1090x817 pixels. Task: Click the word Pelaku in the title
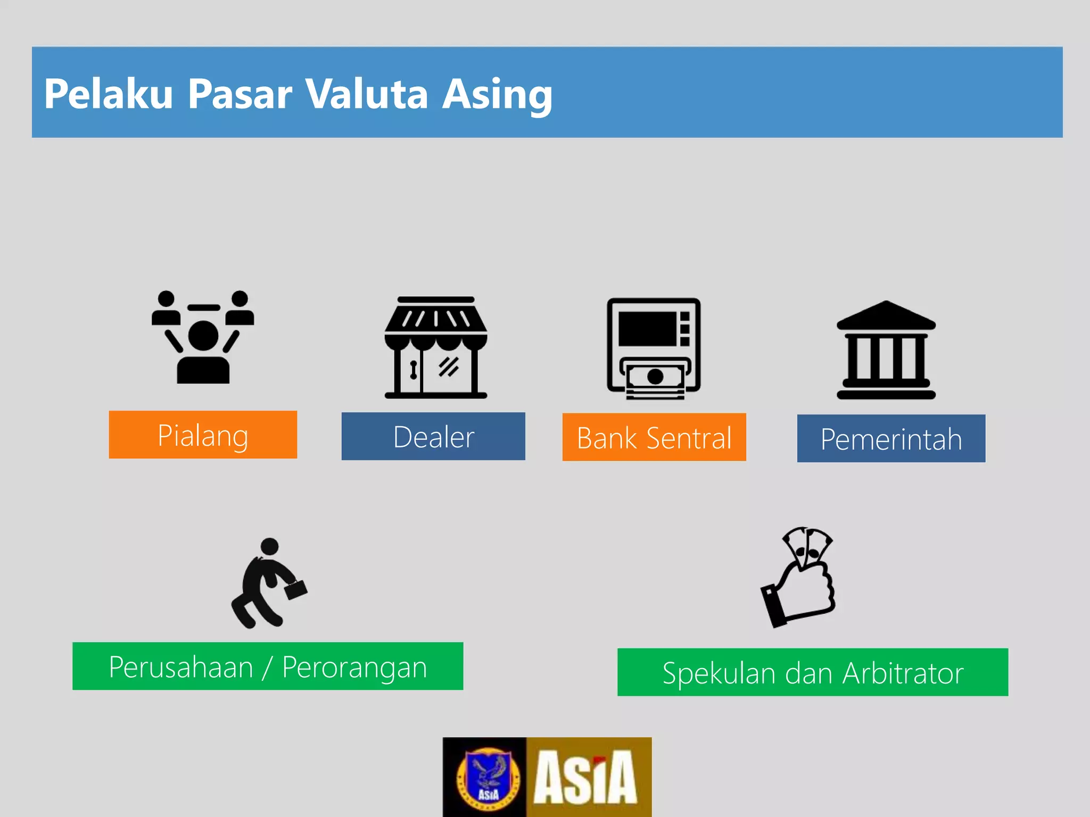click(108, 94)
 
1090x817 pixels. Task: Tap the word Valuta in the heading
click(367, 94)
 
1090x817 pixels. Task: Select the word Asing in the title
click(497, 95)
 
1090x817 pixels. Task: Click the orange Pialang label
click(203, 435)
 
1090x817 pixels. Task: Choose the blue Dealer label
click(433, 437)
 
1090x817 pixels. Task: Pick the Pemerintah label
click(891, 439)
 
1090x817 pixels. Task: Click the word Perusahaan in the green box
click(181, 667)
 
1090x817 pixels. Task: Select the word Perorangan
click(354, 668)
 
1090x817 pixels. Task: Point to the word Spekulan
click(721, 673)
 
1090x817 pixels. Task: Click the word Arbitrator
click(903, 673)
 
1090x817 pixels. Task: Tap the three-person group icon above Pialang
click(203, 337)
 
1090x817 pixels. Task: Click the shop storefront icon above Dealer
click(436, 347)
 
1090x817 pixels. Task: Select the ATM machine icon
click(654, 348)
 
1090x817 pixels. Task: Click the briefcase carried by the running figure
click(296, 589)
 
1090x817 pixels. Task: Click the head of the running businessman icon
click(270, 546)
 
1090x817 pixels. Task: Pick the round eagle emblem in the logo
click(488, 777)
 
